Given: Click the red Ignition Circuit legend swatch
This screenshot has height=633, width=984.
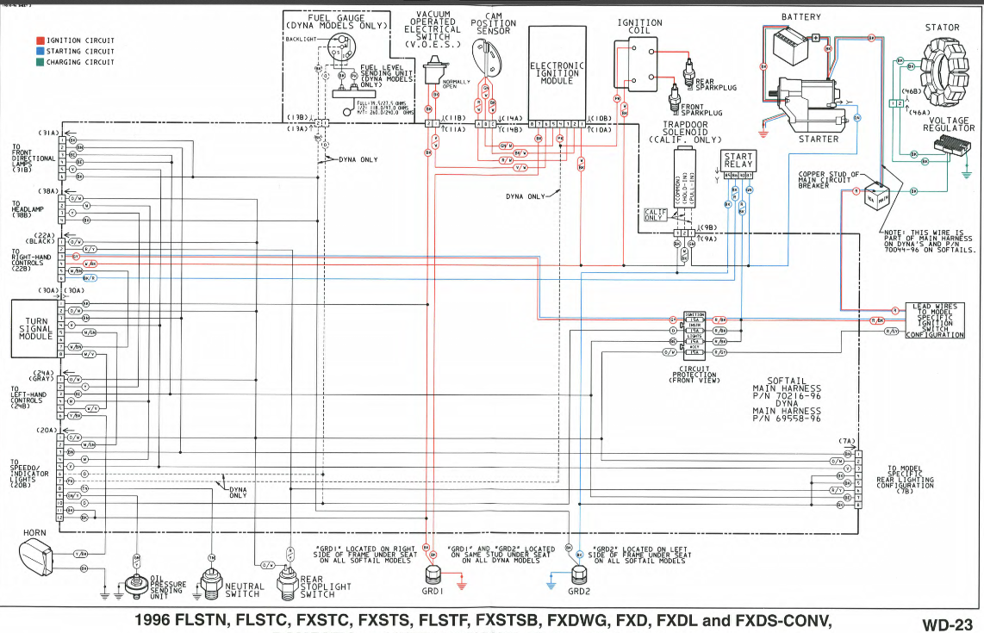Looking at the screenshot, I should (40, 40).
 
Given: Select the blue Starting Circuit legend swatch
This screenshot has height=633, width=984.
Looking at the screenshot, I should (40, 52).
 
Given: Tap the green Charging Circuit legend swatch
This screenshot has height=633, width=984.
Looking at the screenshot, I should (40, 63).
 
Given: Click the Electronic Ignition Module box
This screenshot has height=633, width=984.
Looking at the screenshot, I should (557, 72).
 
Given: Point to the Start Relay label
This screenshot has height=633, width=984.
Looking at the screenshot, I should (738, 160).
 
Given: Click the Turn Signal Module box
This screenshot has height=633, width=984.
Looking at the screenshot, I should (32, 328).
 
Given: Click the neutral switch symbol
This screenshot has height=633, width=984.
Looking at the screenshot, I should (211, 581).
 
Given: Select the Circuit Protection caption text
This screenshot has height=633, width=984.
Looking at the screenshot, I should (694, 375).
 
